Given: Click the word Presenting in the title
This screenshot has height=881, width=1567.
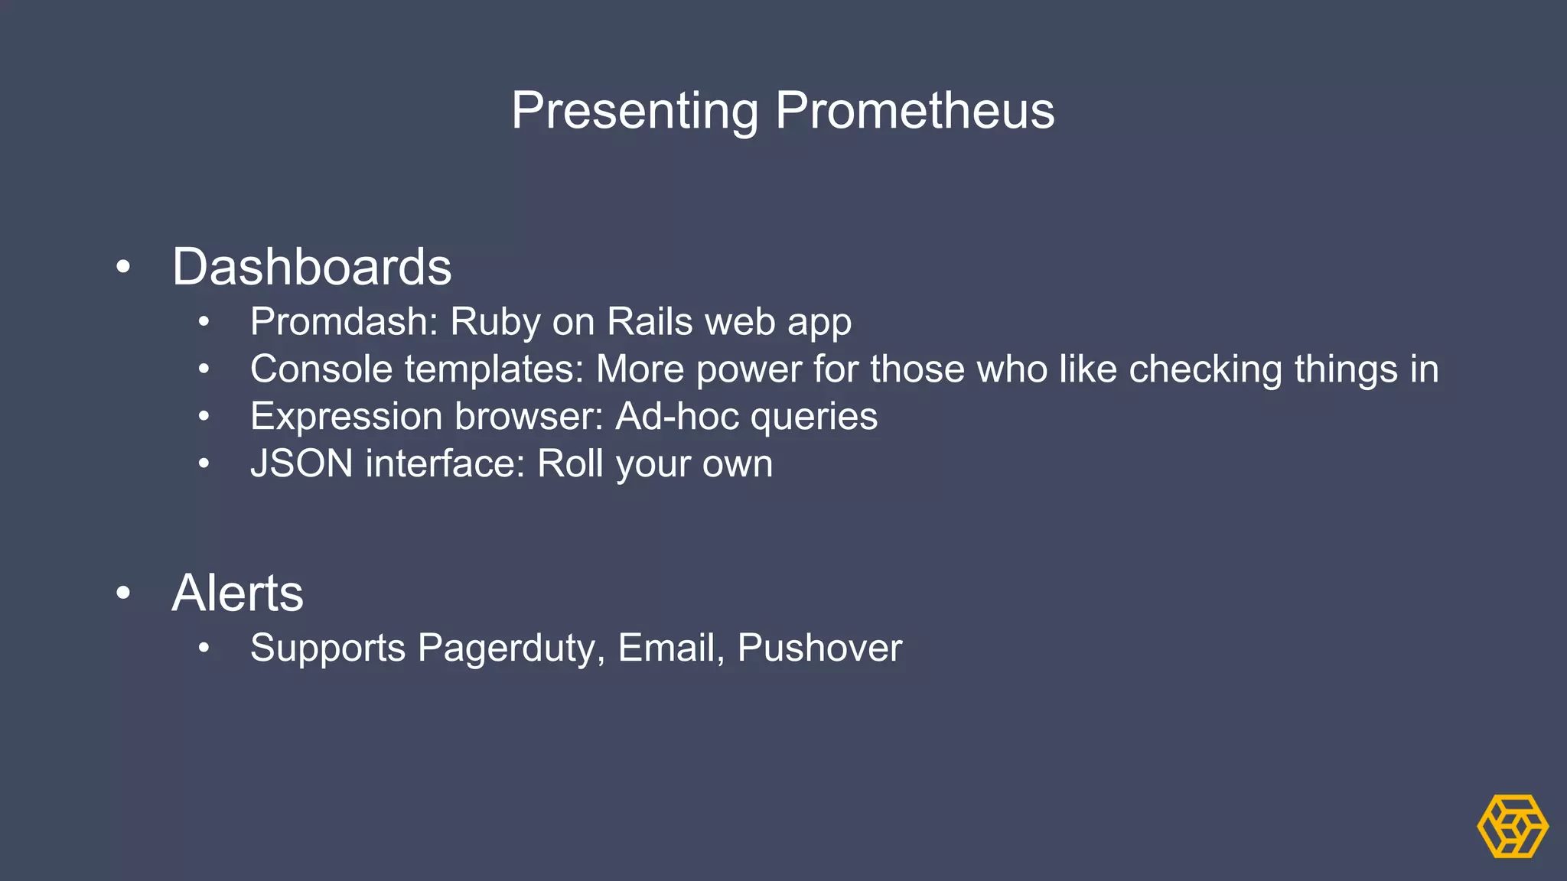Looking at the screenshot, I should (634, 112).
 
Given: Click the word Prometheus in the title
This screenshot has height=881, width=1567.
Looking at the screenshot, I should (914, 112).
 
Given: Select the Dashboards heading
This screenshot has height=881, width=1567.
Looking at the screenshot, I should (311, 267).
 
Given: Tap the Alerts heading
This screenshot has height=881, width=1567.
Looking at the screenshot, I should (237, 593).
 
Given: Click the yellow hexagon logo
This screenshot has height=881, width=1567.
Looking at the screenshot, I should (1512, 826).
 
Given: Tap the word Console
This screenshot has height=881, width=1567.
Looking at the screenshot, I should (321, 369).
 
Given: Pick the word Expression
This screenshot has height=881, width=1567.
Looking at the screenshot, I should (346, 417).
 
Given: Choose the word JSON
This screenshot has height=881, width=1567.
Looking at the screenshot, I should (301, 464).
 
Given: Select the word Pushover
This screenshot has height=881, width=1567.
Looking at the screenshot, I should (819, 649).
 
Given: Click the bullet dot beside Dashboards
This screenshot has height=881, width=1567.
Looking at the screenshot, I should (123, 268).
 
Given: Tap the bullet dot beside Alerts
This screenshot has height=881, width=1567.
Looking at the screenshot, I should (123, 593).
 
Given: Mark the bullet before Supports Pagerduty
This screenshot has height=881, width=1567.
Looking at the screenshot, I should (204, 649).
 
